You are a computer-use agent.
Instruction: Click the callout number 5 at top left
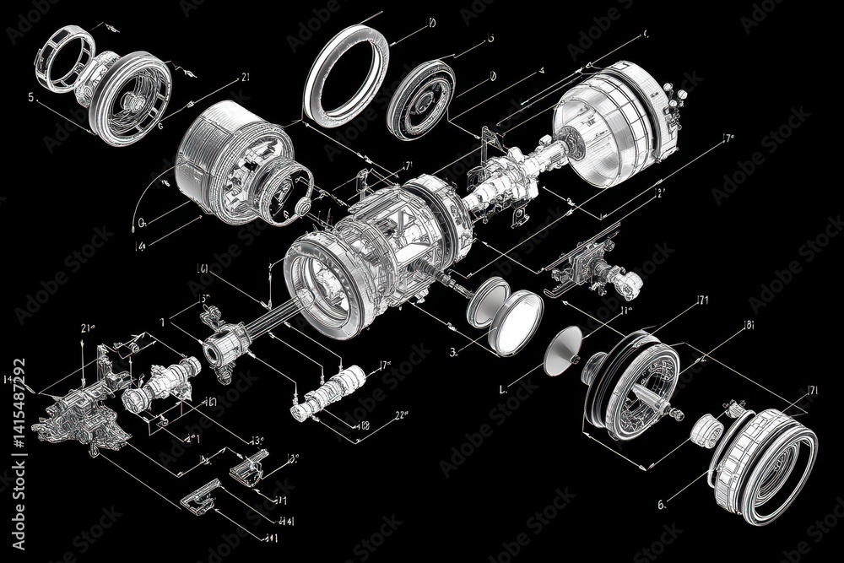pos(31,97)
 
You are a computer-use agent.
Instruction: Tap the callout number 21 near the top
pos(246,77)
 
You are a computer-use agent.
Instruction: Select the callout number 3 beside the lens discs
pos(453,351)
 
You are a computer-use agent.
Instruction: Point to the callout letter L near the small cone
pos(503,390)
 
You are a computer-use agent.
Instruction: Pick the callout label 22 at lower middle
pos(401,414)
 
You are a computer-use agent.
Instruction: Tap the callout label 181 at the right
pos(749,323)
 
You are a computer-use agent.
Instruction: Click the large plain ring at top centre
pos(346,70)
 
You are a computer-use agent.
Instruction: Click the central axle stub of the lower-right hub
pos(667,408)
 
